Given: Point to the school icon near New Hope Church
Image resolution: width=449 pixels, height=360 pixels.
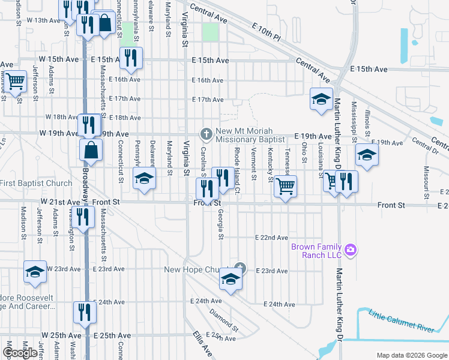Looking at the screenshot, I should (x=230, y=278).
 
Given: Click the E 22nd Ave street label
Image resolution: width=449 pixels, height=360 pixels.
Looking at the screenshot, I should (x=272, y=238).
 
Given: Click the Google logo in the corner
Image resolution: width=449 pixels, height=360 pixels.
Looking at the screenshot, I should (x=20, y=353).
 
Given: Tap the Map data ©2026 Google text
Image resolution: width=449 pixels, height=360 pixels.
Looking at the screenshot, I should (x=411, y=356).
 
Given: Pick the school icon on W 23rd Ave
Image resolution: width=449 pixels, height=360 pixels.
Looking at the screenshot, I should (x=35, y=271).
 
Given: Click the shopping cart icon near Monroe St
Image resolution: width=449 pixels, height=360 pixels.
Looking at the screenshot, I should (x=14, y=81).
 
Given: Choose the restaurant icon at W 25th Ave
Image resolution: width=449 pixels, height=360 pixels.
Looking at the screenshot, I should (x=84, y=311).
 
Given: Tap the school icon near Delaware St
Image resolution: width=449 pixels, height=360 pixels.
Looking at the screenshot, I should (x=144, y=178).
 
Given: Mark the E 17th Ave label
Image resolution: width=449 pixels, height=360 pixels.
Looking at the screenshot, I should (x=208, y=99).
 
